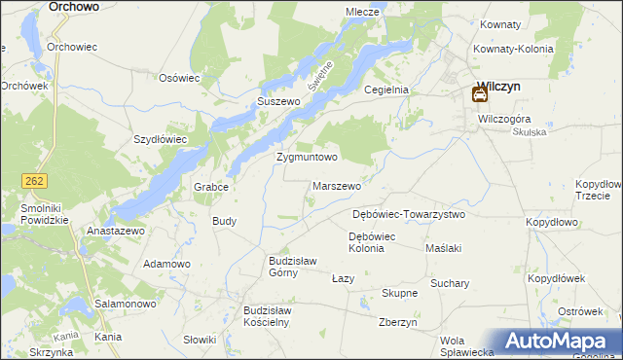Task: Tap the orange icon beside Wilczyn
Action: [x=479, y=94]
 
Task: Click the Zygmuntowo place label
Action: [x=307, y=157]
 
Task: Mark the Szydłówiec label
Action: [x=160, y=139]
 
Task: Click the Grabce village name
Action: [x=211, y=187]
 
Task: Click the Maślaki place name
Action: [x=443, y=248]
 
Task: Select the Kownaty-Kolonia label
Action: [x=513, y=49]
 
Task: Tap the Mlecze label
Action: [x=361, y=12]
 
